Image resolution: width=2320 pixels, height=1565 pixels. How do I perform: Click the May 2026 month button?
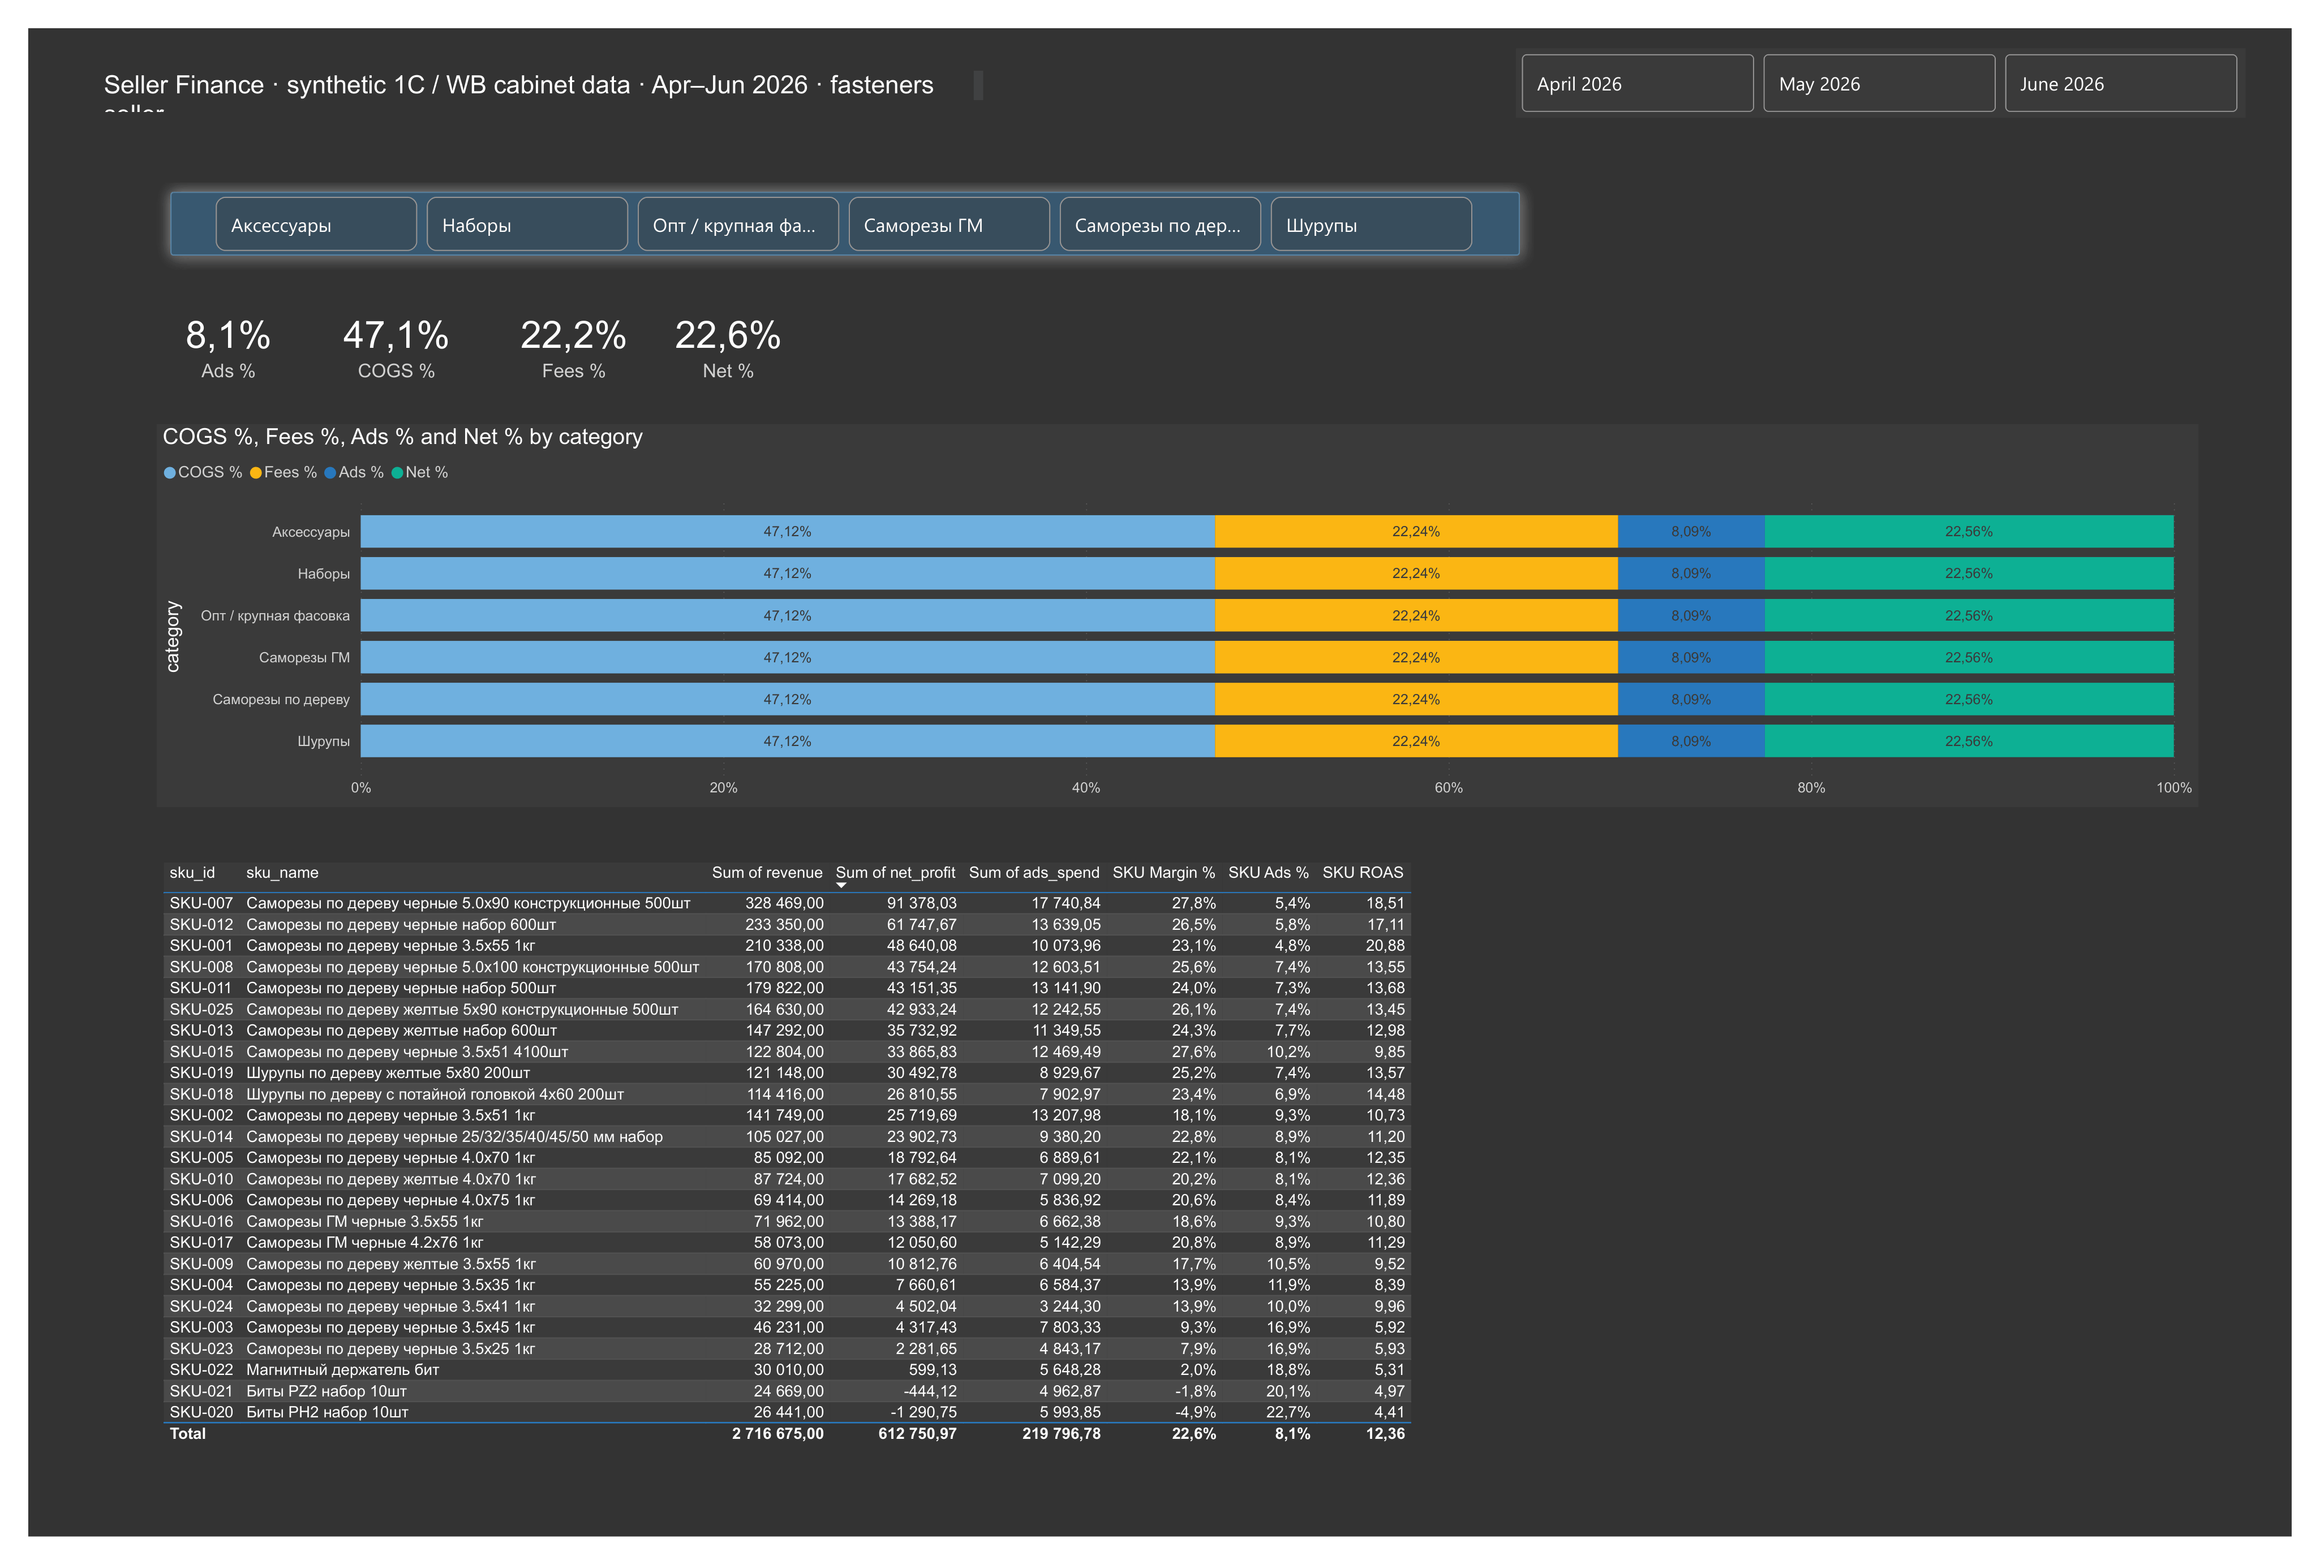point(1879,84)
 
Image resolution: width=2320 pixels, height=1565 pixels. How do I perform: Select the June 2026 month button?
point(2120,84)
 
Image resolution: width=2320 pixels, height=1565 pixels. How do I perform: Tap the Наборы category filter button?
point(527,225)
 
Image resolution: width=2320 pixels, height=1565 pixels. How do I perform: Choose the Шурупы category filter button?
point(1370,225)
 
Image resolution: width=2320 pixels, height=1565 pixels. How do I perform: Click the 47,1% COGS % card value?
point(396,335)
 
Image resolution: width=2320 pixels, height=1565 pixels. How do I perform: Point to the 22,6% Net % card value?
point(728,335)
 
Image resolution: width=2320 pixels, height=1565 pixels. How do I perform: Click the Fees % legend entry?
point(283,472)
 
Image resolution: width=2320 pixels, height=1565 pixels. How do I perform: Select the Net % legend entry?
point(420,472)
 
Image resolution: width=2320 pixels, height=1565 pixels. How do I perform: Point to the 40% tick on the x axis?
point(1086,787)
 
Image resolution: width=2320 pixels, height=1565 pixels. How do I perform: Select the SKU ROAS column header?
point(1363,872)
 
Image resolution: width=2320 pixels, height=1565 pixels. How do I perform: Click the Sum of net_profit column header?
point(895,872)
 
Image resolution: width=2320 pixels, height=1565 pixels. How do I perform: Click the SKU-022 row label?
point(201,1369)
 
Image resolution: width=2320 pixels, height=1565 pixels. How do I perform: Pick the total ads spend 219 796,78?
point(1061,1433)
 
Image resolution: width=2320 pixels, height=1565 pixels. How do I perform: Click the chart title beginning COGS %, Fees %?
point(402,437)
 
